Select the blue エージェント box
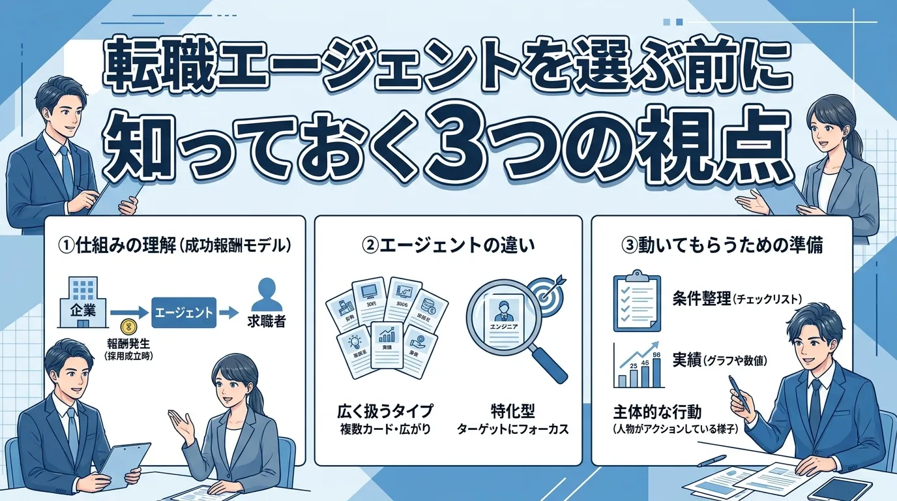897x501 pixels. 184,312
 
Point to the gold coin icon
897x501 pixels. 129,326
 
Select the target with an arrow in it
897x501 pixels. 542,290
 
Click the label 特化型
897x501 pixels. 513,412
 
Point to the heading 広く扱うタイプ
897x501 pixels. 385,412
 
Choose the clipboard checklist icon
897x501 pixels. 632,302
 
